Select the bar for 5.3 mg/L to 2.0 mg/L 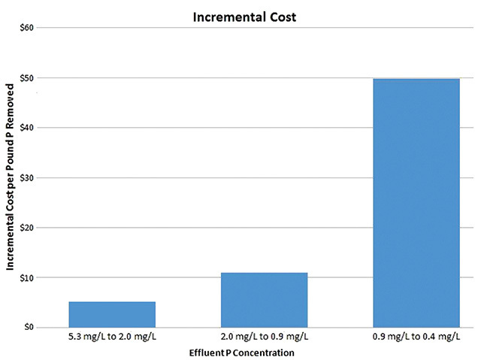pyautogui.click(x=112, y=314)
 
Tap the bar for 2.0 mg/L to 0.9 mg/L pyautogui.click(x=265, y=299)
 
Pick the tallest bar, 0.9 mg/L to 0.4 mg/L pyautogui.click(x=416, y=203)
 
